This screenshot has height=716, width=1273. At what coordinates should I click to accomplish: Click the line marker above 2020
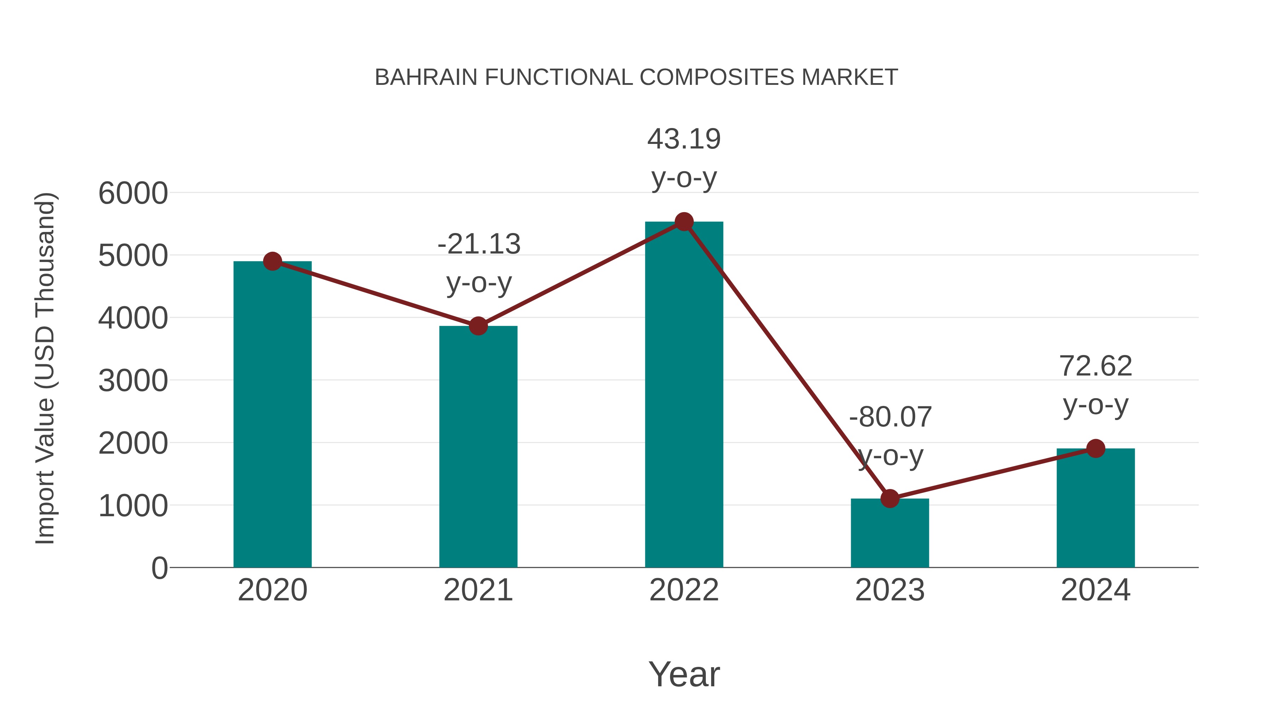[x=272, y=261]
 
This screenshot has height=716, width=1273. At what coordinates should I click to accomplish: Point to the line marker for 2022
[x=684, y=222]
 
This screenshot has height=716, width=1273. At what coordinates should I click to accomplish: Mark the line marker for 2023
[x=890, y=499]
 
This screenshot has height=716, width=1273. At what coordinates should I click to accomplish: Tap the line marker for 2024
[x=1095, y=449]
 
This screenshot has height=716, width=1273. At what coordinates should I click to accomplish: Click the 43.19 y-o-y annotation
[x=684, y=139]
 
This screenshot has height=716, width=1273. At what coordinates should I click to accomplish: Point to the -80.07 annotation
[x=890, y=418]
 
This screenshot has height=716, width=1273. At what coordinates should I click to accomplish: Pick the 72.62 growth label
[x=1095, y=367]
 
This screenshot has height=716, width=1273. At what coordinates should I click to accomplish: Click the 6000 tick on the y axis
[x=133, y=193]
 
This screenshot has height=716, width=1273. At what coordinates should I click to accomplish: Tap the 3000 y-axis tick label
[x=133, y=381]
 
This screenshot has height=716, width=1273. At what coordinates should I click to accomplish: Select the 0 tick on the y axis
[x=159, y=568]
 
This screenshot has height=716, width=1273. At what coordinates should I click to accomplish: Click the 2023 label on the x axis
[x=890, y=590]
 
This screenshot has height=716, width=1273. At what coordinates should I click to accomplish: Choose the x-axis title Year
[x=684, y=675]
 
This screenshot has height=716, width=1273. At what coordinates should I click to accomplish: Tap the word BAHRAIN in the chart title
[x=426, y=77]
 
